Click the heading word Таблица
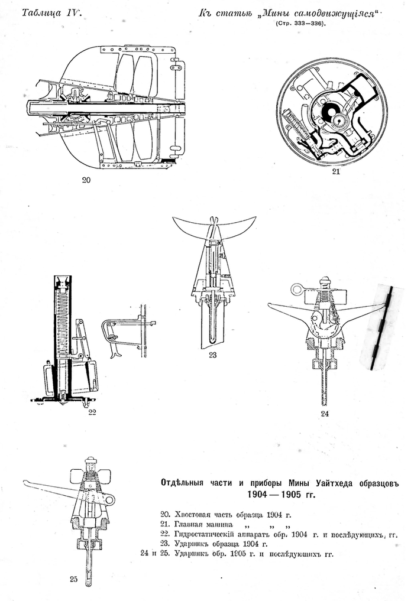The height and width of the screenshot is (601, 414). point(42,13)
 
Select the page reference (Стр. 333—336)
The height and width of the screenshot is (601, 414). point(300,24)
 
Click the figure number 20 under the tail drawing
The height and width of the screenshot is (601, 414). point(86,180)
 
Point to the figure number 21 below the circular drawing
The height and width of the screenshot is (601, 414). point(336,171)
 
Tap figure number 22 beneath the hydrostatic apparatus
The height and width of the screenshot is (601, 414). point(92,412)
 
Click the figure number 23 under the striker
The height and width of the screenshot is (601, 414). point(212,355)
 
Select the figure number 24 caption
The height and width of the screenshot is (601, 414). point(325,414)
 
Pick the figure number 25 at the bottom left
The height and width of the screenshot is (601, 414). point(74,579)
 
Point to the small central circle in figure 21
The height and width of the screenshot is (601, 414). point(338,120)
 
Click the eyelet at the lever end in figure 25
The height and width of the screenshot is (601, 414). point(110,499)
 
